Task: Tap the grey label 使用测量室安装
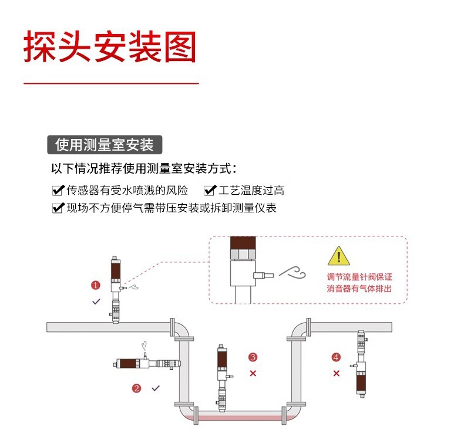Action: coord(105,145)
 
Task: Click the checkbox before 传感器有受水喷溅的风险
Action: coord(58,190)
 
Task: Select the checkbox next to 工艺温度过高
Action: coord(210,190)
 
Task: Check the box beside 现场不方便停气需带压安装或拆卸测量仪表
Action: coord(58,208)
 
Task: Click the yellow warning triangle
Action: coord(338,256)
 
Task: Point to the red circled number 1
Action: coord(95,285)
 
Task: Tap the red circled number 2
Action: coord(136,388)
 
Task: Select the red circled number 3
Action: coord(253,357)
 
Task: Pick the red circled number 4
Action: coord(336,357)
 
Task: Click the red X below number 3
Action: coord(253,373)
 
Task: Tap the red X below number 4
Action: coord(336,373)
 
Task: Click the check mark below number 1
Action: coord(96,302)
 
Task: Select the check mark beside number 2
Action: coord(156,388)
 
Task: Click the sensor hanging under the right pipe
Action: coord(361,364)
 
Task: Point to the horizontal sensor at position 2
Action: coord(147,363)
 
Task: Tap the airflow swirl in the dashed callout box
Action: coord(292,272)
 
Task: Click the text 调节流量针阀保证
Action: coord(359,277)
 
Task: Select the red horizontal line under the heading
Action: coord(111,84)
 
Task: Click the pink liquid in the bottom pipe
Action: coord(240,418)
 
